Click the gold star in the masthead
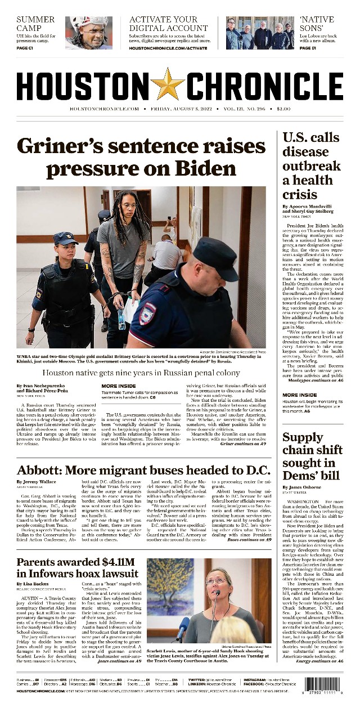pyautogui.click(x=167, y=84)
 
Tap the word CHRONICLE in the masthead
pyautogui.click(x=264, y=86)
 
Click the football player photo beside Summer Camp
pyautogui.click(x=88, y=33)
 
